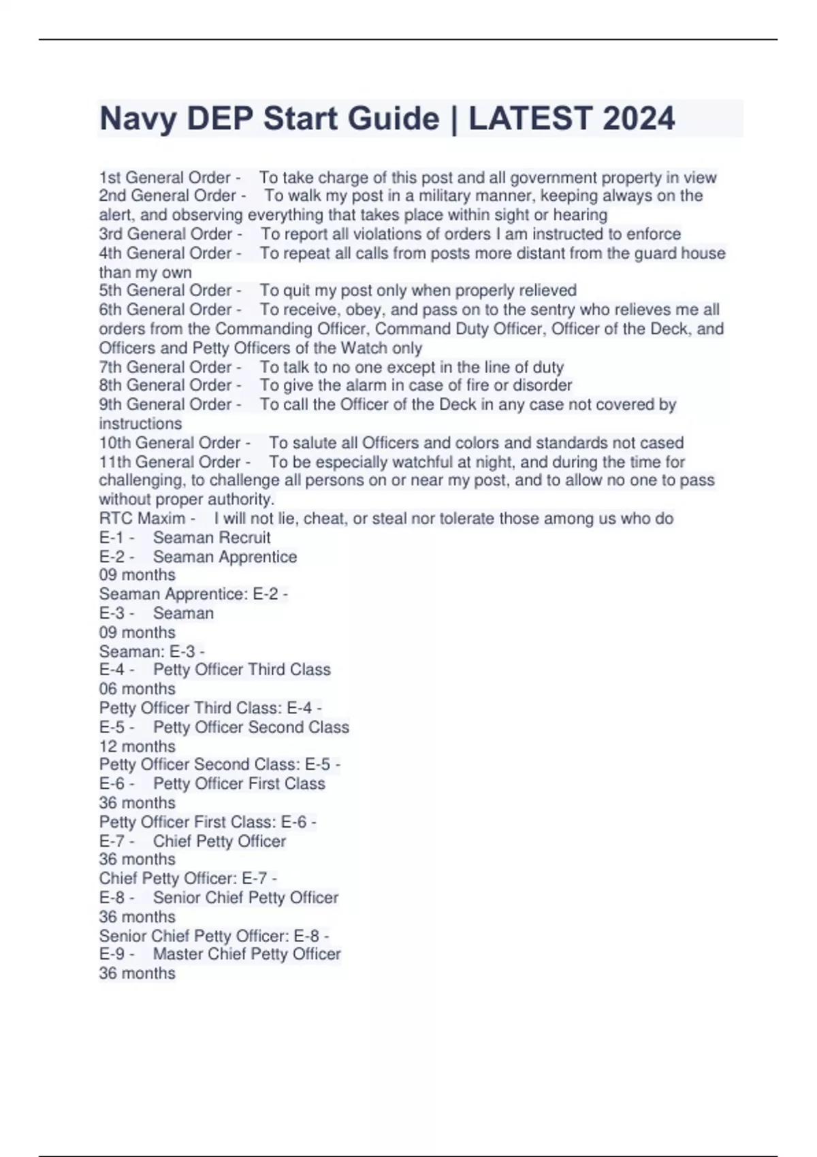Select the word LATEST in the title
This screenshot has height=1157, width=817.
click(523, 118)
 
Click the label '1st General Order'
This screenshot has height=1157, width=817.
click(165, 178)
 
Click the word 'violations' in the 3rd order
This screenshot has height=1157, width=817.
click(388, 234)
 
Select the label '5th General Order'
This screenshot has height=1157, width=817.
click(165, 291)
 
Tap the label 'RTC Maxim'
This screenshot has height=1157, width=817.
click(142, 519)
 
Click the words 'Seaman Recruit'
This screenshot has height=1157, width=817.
click(212, 538)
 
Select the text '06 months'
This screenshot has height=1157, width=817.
click(138, 689)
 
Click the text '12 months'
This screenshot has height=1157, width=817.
click(138, 746)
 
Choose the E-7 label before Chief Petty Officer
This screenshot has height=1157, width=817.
click(112, 841)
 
